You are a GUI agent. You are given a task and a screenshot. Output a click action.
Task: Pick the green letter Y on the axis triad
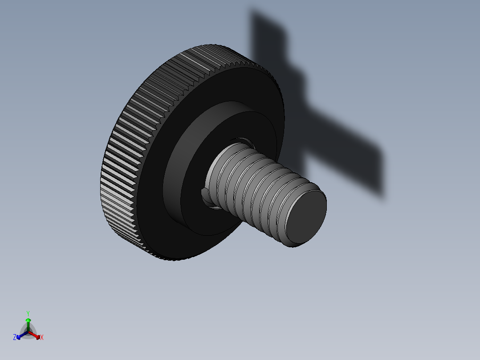coord(28,313)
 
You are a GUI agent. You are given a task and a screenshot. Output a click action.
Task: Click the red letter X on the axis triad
coord(42,338)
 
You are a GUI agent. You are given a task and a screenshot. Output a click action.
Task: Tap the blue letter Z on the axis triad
coord(15,337)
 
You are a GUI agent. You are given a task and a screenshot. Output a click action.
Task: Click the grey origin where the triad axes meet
coord(28,332)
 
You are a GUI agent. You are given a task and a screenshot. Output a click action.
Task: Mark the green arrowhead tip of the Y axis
coord(28,319)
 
